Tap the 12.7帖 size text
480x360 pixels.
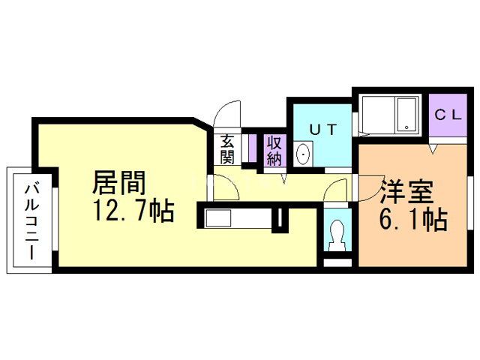click(x=133, y=211)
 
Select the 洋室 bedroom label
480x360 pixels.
click(x=406, y=193)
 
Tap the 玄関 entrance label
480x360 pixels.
click(x=227, y=149)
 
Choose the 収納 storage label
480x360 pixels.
click(x=274, y=149)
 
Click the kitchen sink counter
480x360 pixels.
click(x=235, y=218)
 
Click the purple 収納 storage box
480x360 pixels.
click(x=274, y=150)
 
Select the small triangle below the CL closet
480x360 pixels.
click(x=433, y=151)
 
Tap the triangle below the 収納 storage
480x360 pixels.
click(x=283, y=178)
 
